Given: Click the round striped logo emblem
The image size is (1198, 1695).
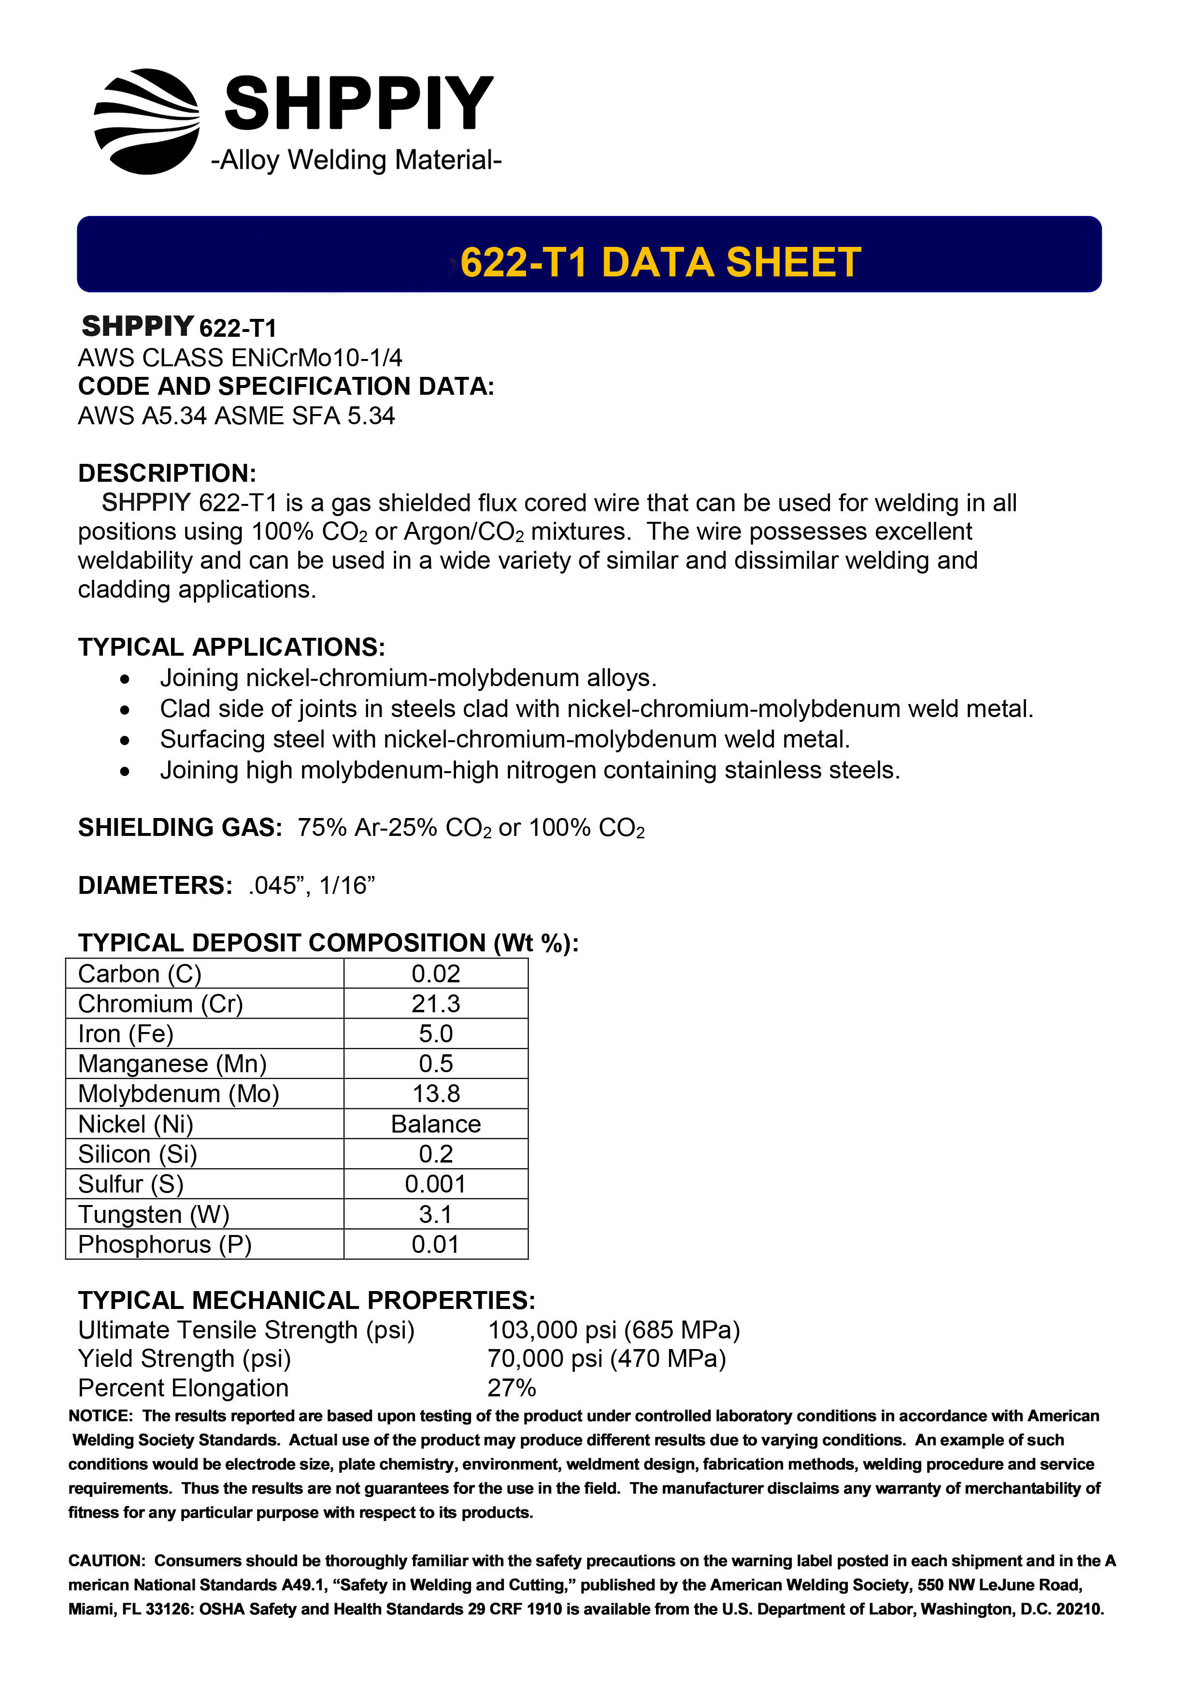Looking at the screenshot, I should (x=147, y=122).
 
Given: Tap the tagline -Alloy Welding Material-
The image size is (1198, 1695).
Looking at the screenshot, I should (x=357, y=159).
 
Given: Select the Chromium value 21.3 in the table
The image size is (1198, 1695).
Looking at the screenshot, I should (x=436, y=1004).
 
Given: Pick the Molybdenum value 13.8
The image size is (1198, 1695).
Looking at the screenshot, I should (x=436, y=1094).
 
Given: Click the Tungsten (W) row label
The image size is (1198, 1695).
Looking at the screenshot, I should (x=154, y=1214).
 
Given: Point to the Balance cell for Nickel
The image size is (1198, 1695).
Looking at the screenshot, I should (x=436, y=1124).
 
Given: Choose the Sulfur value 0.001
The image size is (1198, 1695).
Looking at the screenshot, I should (x=436, y=1184).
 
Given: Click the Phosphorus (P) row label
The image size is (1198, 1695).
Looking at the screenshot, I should (x=165, y=1245).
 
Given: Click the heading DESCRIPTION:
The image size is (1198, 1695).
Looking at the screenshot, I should (x=167, y=473).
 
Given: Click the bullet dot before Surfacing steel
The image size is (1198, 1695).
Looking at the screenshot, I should (x=126, y=740).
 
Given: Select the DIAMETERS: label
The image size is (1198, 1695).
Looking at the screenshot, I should (x=155, y=885).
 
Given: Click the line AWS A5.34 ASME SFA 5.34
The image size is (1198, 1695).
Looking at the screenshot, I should (x=236, y=416).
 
